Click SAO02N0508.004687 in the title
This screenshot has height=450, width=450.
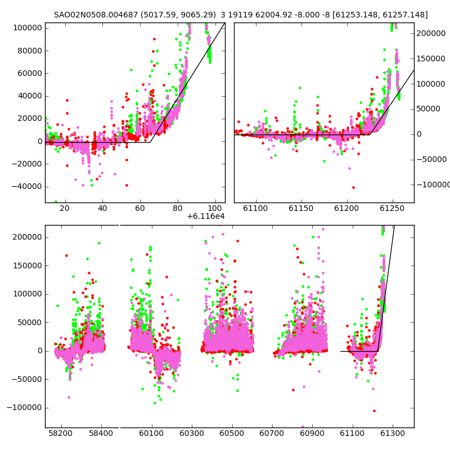coord(96,15)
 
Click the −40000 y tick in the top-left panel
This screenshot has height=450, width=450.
coord(27,187)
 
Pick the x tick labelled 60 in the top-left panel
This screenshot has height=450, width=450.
coord(140,208)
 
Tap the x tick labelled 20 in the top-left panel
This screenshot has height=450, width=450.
coord(65,208)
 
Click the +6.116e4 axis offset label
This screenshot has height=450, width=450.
coord(206,216)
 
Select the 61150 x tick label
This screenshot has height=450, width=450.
coord(301,208)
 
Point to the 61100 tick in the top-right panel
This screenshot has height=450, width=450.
coord(255,208)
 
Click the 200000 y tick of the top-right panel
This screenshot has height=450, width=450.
coord(431,33)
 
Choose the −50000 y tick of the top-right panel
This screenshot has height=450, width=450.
coord(431,159)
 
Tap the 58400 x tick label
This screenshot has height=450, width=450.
coord(101,433)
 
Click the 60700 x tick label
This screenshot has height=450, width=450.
coord(272,433)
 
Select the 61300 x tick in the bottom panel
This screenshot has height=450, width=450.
coord(392,433)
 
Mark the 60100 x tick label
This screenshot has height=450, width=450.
coord(151,433)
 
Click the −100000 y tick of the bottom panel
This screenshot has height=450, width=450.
coord(25,407)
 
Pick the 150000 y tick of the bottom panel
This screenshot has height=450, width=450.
coord(28,265)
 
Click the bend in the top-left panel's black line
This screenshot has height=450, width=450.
coord(150,142)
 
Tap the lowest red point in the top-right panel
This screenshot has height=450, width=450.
coord(354,187)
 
